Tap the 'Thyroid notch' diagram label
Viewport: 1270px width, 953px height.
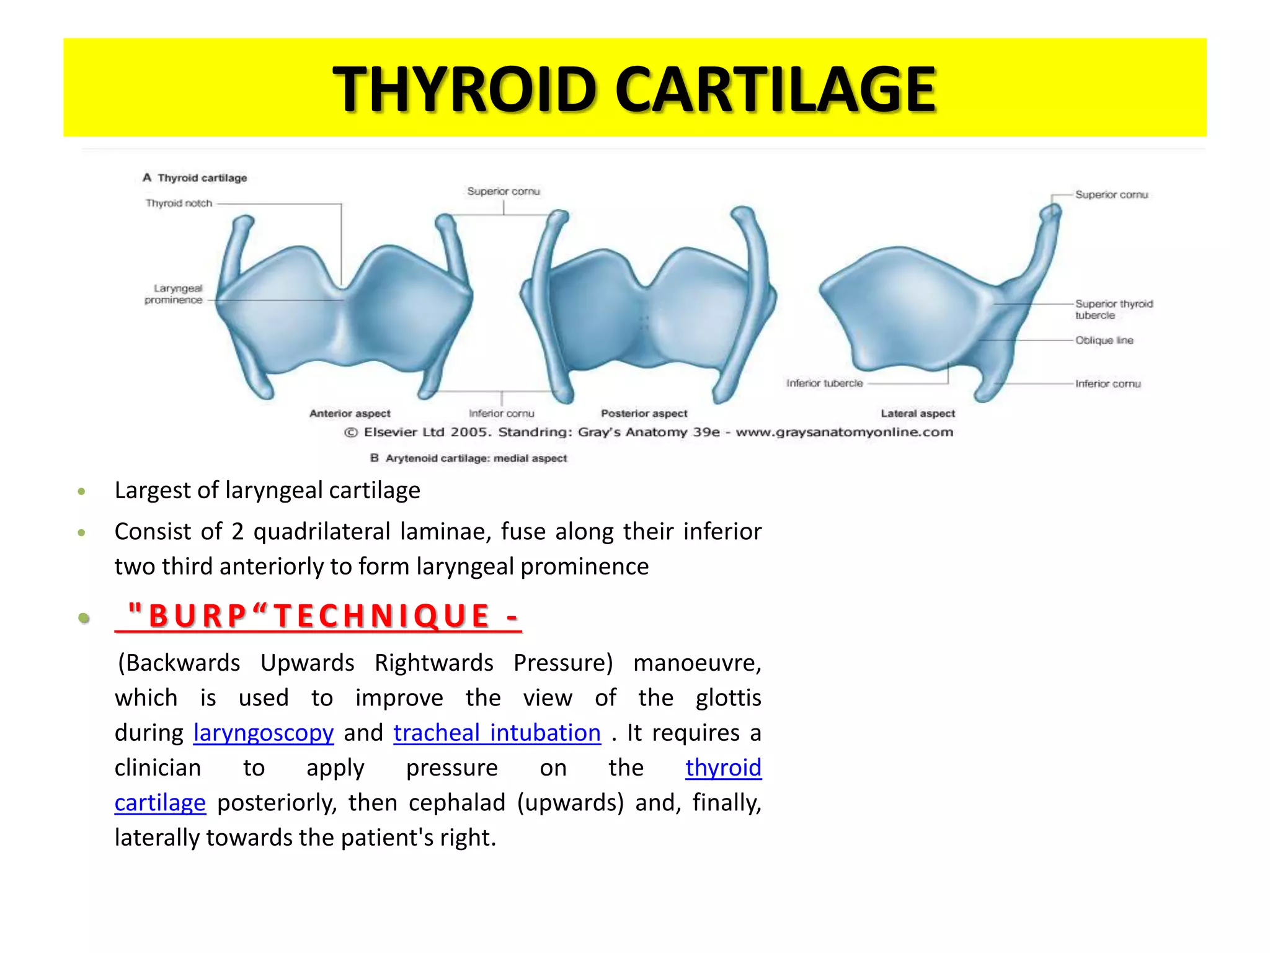tap(179, 204)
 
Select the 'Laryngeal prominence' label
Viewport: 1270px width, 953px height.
tap(174, 294)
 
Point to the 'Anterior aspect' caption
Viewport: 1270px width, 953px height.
tap(350, 414)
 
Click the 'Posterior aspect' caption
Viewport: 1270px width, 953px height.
tap(644, 414)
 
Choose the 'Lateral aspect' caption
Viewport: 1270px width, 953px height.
tap(918, 414)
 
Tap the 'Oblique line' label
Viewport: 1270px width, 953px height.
tap(1104, 341)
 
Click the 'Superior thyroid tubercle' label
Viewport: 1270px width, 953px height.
tap(1113, 310)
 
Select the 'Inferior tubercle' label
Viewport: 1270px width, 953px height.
tap(824, 383)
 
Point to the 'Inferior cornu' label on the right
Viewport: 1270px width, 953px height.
tap(1108, 384)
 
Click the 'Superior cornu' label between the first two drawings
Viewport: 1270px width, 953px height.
tap(503, 192)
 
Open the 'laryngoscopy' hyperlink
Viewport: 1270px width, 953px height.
tap(264, 733)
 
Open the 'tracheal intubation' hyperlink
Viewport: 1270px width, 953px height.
tap(497, 733)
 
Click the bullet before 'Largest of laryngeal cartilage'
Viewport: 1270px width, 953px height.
tap(81, 492)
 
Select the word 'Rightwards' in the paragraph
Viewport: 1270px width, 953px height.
tap(433, 663)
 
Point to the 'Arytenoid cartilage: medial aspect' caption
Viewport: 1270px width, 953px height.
tap(476, 459)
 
